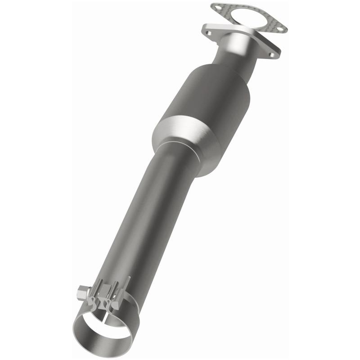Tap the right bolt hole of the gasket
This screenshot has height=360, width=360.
coord(280,29)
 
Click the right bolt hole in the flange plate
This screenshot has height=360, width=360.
coord(271,55)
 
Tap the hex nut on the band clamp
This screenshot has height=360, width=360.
coord(82,293)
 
